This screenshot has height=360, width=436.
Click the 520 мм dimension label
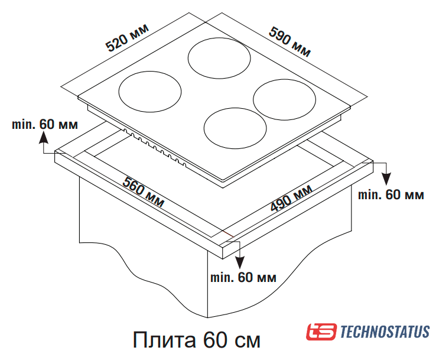(x=128, y=38)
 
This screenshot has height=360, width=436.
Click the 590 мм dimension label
(x=289, y=42)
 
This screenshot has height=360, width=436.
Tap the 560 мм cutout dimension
(x=144, y=192)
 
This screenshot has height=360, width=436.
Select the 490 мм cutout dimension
(x=291, y=198)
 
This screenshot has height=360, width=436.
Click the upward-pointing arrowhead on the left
(x=43, y=138)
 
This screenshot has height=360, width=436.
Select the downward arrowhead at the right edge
(x=386, y=179)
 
